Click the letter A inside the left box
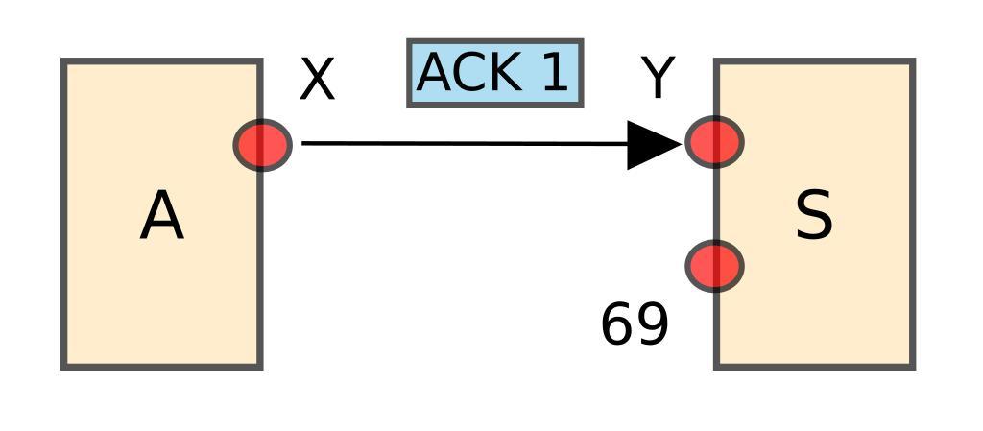161,217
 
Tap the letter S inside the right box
814,216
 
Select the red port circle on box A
262,145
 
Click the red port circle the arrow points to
714,142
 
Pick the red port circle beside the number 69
714,266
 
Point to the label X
317,80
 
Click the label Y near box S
659,79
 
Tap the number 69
634,324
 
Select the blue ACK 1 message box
494,73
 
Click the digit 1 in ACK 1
555,73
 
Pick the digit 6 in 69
617,324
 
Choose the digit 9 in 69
651,324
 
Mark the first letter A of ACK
437,73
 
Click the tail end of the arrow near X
304,144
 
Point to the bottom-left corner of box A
64,366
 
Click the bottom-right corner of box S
912,366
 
